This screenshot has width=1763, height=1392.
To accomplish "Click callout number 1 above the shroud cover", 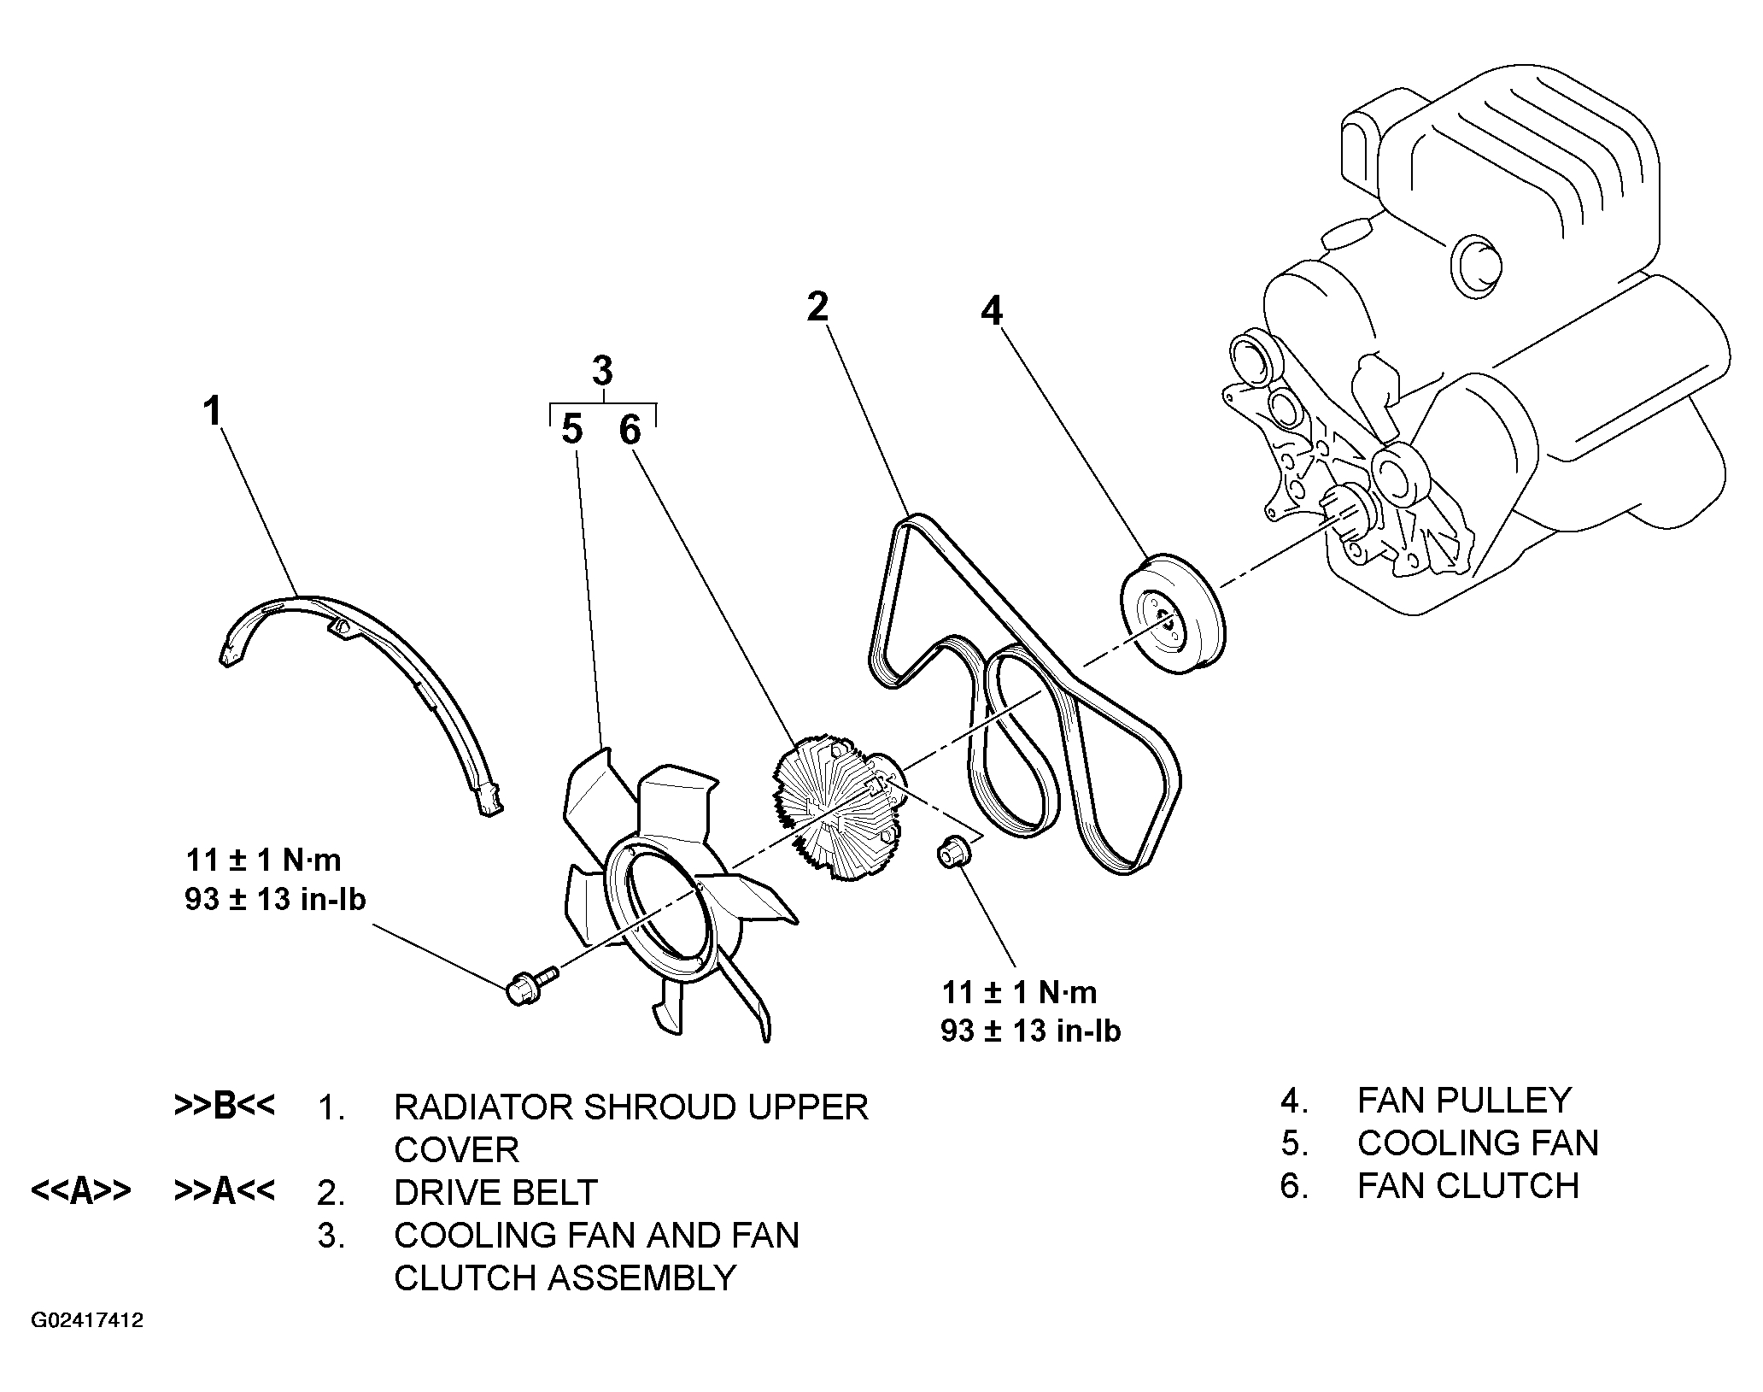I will pos(212,411).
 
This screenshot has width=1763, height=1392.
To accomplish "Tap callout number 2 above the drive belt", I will pos(817,306).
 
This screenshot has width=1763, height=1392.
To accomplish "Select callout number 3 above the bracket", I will pos(602,372).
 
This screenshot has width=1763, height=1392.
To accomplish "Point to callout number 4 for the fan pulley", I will pos(991,311).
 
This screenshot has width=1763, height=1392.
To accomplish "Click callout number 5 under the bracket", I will pos(572,430).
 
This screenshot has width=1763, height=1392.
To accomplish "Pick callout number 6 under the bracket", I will pos(630,430).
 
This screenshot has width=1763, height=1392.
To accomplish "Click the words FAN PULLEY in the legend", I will pos(1463,1100).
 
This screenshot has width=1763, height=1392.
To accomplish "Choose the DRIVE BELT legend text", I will pos(495,1192).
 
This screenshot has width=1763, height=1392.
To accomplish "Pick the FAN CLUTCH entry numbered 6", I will pos(1467,1186).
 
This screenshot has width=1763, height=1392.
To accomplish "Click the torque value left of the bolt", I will pos(275,879).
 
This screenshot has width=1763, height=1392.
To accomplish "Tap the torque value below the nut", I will pos(1030,1012).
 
